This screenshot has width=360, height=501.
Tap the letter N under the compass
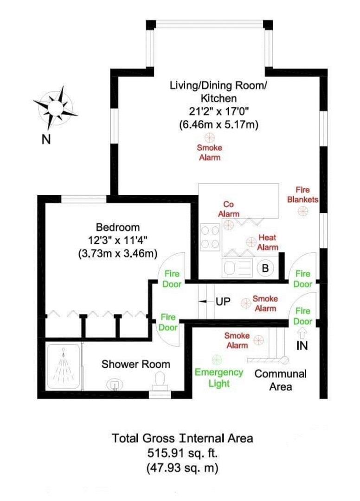46,139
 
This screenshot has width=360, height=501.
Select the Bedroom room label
118,227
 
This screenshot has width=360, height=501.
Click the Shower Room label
136,364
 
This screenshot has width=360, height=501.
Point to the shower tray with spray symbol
63,366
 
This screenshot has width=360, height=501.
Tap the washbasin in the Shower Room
114,385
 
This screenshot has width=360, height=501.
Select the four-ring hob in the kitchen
211,237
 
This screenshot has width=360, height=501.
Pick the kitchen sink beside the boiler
237,267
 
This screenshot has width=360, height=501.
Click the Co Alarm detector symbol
228,225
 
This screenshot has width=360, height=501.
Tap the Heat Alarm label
268,242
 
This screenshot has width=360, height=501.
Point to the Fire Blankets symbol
303,211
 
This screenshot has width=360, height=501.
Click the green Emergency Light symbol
217,360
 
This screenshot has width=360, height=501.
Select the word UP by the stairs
223,302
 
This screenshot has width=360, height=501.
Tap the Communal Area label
281,380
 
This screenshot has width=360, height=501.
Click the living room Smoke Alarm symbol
210,138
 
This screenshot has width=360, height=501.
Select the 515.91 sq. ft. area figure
182,453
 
